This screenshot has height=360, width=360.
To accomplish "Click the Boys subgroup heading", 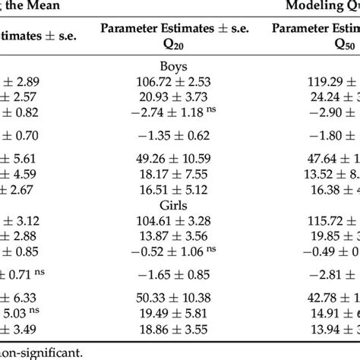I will (174, 66).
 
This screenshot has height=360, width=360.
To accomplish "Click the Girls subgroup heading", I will (174, 205).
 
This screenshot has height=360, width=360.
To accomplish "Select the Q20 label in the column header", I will (174, 46).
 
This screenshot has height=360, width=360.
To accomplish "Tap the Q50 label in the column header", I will (325, 46).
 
